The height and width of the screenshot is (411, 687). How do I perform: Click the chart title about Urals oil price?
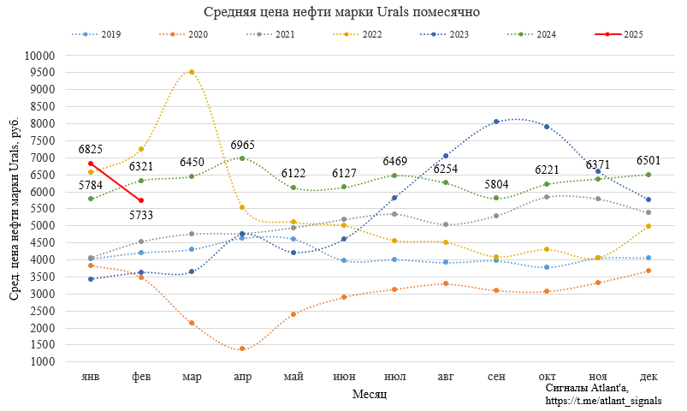pyautogui.click(x=342, y=12)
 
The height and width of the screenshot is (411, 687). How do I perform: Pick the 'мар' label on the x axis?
pyautogui.click(x=192, y=377)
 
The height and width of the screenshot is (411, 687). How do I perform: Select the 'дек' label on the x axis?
pyautogui.click(x=649, y=377)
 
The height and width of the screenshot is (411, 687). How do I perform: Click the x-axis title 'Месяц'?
pyautogui.click(x=370, y=394)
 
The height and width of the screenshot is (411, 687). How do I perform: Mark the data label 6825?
pyautogui.click(x=91, y=149)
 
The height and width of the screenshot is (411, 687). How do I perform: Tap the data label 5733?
pyautogui.click(x=141, y=216)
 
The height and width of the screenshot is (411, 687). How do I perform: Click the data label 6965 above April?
pyautogui.click(x=242, y=145)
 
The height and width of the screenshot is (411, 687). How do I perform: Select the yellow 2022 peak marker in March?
pyautogui.click(x=192, y=72)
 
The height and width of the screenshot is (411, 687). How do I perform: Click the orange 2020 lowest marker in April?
pyautogui.click(x=242, y=348)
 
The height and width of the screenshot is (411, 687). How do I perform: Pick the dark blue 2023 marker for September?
pyautogui.click(x=496, y=122)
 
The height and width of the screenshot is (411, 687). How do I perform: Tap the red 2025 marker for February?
pyautogui.click(x=141, y=200)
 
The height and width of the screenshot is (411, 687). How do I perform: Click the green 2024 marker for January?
pyautogui.click(x=91, y=199)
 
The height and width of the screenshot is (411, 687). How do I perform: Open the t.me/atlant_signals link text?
pyautogui.click(x=603, y=401)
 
